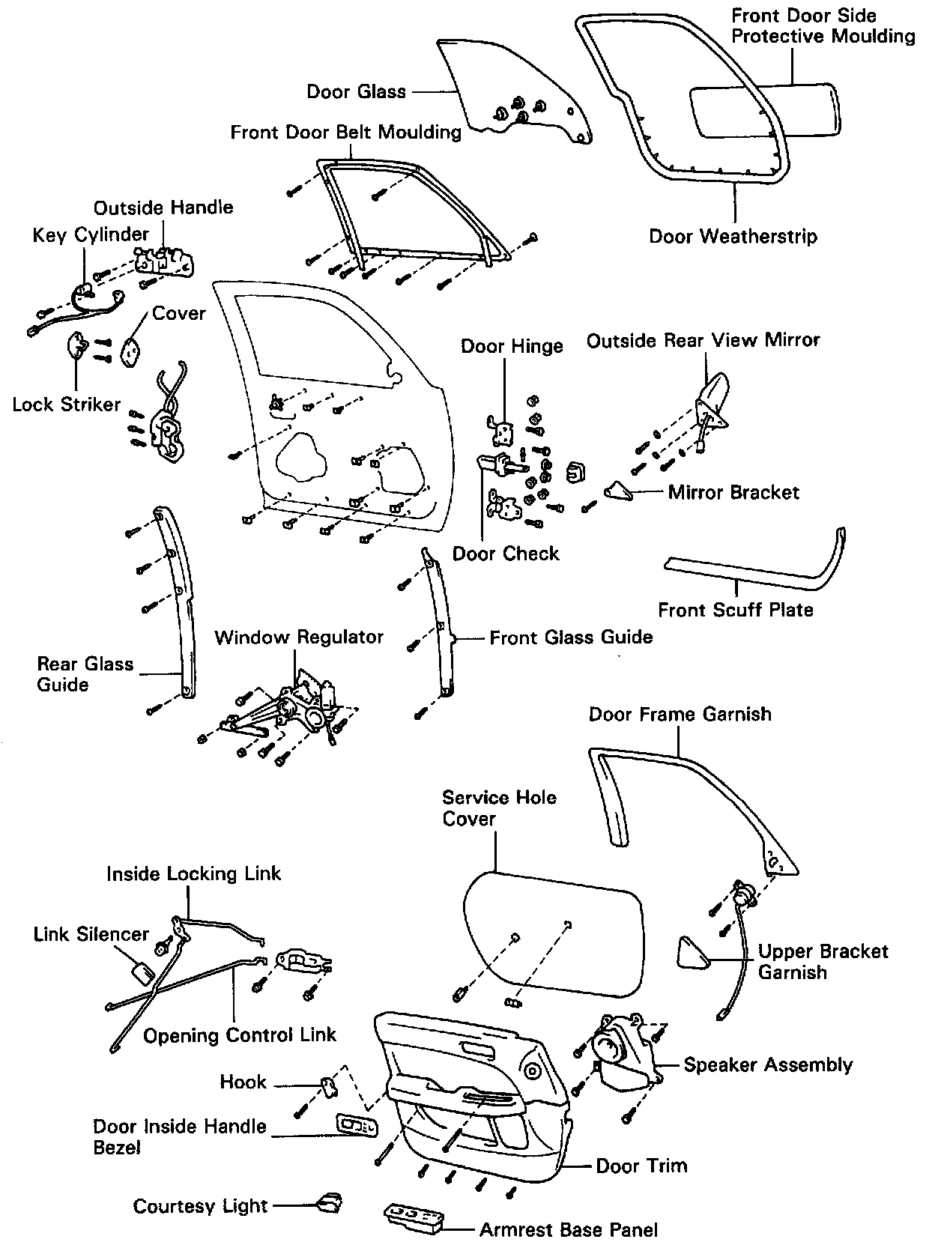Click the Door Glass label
[x=356, y=92]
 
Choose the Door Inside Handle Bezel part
[x=357, y=1125]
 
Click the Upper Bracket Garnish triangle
[x=691, y=953]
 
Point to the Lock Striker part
[x=78, y=348]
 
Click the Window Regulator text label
[x=299, y=637]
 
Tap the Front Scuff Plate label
[x=735, y=610]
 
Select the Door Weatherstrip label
[x=733, y=237]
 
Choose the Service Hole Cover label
[x=499, y=808]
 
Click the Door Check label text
[x=506, y=554]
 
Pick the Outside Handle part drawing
[x=165, y=261]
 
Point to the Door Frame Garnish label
[x=680, y=714]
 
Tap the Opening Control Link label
[x=240, y=1035]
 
